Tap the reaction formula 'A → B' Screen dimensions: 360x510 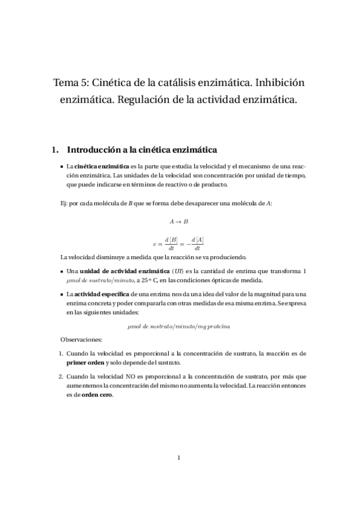tap(180, 221)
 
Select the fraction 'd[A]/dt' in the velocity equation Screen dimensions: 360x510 tap(197, 244)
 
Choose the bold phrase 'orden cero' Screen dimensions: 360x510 tap(97, 395)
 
